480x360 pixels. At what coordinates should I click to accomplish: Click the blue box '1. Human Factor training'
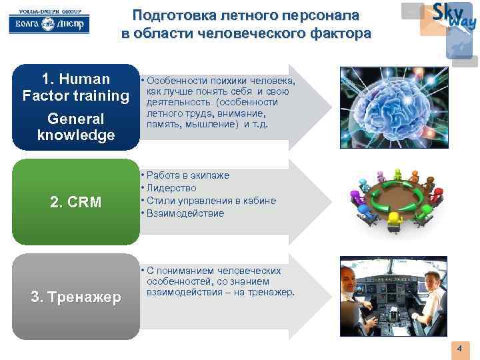click(x=75, y=107)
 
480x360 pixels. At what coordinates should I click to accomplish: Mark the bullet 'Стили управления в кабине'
click(x=210, y=201)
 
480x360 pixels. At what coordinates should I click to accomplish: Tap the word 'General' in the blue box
click(x=75, y=119)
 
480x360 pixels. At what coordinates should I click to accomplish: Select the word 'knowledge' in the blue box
click(x=75, y=135)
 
